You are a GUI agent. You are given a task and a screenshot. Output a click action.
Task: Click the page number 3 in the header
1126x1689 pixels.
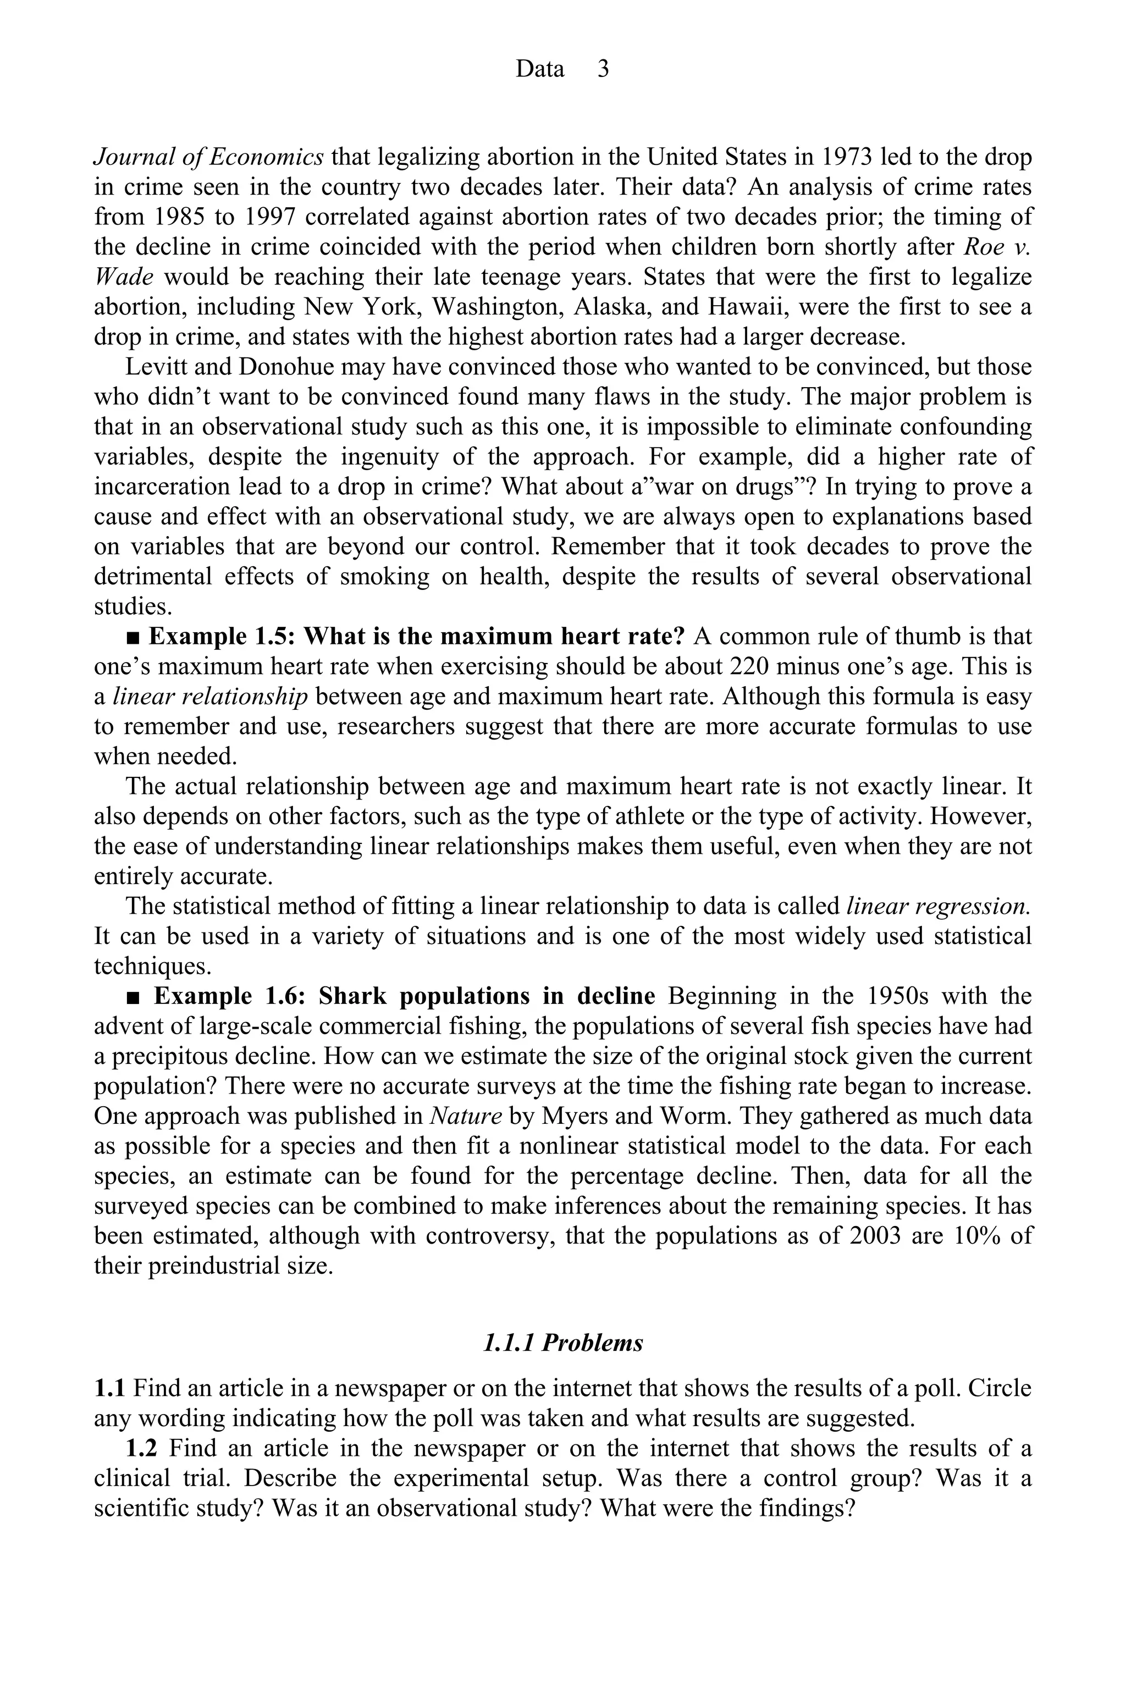(603, 69)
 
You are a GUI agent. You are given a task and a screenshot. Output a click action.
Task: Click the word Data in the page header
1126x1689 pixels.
(540, 69)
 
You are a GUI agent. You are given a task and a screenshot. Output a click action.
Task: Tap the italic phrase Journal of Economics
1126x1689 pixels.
(209, 157)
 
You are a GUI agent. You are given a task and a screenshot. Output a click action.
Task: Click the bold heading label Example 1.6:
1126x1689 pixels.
(230, 997)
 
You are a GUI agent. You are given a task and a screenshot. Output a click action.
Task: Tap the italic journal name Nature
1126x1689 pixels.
(465, 1117)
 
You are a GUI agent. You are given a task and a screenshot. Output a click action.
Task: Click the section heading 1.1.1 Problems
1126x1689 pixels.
(563, 1343)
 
